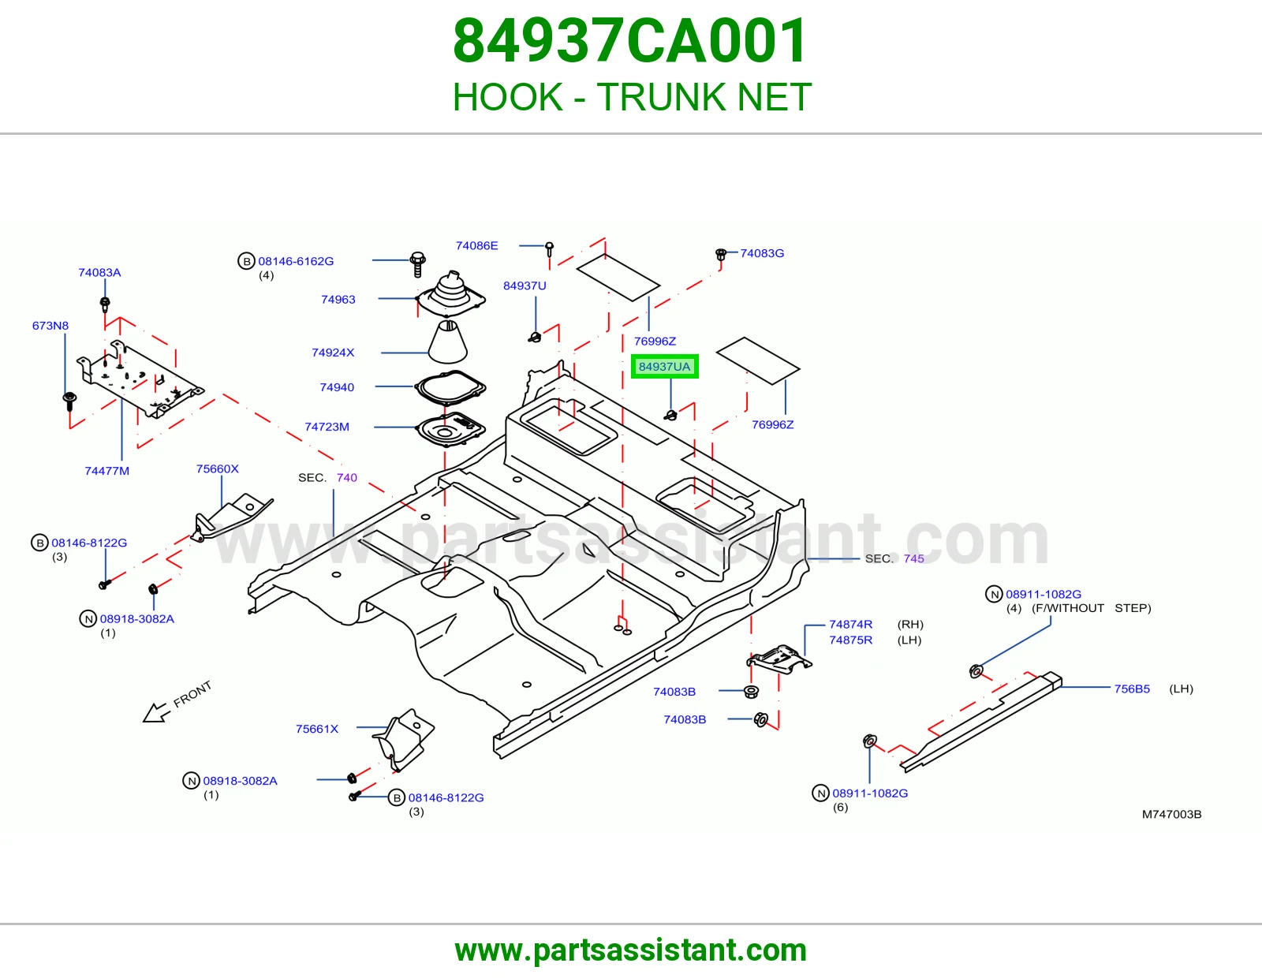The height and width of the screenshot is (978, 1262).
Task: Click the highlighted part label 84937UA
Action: pos(664,367)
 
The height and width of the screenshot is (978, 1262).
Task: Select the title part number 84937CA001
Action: pos(630,41)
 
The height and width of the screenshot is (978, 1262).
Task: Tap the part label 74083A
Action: pos(99,272)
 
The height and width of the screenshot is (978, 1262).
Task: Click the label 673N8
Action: pos(50,325)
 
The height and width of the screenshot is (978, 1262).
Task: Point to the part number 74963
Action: pos(338,299)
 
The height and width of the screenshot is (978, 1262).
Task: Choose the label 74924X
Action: pos(333,353)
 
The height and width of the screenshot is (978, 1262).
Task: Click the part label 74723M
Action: pos(327,427)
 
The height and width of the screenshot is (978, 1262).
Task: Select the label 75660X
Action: pos(217,468)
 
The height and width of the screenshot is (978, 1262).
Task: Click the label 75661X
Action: pos(316,729)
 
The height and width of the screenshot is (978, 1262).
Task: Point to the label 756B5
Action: pos(1132,689)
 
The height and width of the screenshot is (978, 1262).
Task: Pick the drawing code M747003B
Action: pos(1172,814)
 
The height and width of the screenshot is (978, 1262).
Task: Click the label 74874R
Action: pos(851,625)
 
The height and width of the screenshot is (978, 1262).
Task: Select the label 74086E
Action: pos(477,245)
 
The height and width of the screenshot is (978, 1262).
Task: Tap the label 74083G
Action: pos(762,253)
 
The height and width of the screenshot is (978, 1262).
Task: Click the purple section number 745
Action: pos(913,558)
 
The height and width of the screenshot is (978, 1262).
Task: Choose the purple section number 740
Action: pos(347,477)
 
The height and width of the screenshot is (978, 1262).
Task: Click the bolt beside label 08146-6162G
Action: pos(417,264)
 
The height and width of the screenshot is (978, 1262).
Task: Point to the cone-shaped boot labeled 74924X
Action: pos(448,342)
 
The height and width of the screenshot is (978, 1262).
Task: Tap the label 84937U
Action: pos(525,286)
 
